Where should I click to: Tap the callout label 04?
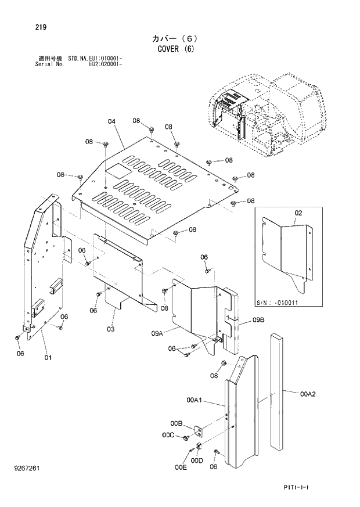pos(111,121)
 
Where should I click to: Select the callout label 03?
pos(110,329)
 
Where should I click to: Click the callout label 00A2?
pos(308,394)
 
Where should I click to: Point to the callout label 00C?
pos(168,435)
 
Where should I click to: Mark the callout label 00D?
pos(197,461)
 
